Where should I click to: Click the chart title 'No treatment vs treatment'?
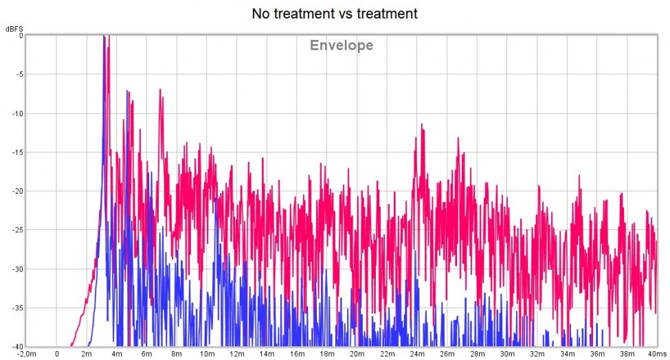(x=335, y=13)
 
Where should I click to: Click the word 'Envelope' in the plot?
(x=342, y=46)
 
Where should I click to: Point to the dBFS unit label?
(x=14, y=29)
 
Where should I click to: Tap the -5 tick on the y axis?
(x=19, y=75)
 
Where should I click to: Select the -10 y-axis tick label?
(x=17, y=114)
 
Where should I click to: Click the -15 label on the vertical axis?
(x=17, y=153)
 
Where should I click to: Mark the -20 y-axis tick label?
(x=17, y=192)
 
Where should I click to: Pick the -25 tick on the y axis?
(x=17, y=230)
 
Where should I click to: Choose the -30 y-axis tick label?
(x=17, y=269)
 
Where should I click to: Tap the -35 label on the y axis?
(x=17, y=308)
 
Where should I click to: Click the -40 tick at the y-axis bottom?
(x=17, y=346)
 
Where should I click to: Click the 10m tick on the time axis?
(x=207, y=354)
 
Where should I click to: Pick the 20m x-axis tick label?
(x=357, y=354)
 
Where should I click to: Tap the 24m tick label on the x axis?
(x=416, y=354)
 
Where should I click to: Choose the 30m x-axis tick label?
(x=506, y=354)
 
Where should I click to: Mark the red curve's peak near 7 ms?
(x=159, y=89)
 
